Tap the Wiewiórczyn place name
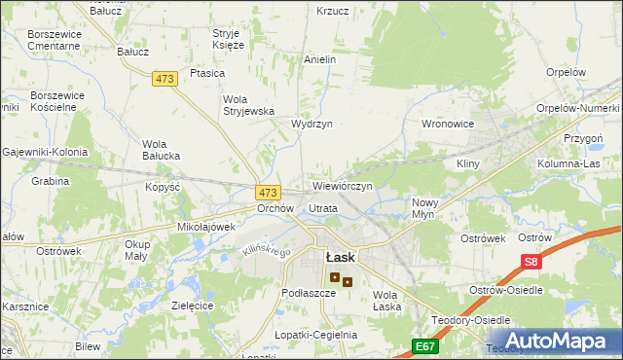[342, 185]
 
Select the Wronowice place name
[447, 125]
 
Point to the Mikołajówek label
[207, 227]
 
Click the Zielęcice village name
[192, 305]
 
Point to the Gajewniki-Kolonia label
[45, 152]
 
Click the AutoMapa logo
[550, 341]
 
